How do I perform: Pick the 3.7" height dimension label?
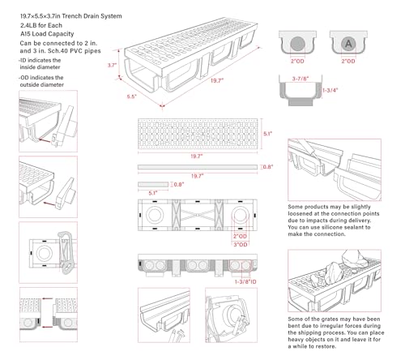click(x=113, y=66)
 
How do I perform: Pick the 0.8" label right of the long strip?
click(x=268, y=167)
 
